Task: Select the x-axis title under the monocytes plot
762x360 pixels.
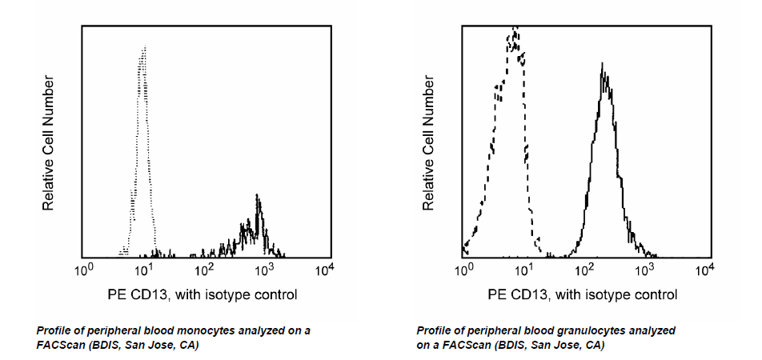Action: pyautogui.click(x=203, y=294)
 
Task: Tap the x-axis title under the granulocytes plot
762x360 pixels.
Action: pyautogui.click(x=583, y=294)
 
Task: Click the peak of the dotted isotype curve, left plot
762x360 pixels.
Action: pyautogui.click(x=144, y=48)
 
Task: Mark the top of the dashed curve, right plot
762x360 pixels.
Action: pyautogui.click(x=515, y=30)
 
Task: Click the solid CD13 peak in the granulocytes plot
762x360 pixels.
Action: pyautogui.click(x=602, y=66)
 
